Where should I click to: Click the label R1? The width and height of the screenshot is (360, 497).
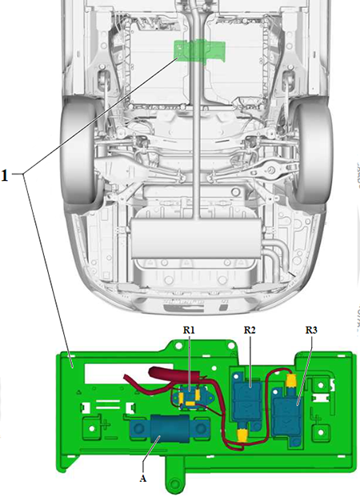[x=189, y=330]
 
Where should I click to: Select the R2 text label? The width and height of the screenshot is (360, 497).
[x=250, y=330]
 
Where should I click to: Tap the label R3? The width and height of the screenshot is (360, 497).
[x=311, y=330]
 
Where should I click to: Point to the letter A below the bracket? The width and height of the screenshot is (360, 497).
[x=143, y=479]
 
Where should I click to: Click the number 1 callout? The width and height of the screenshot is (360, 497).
[x=5, y=175]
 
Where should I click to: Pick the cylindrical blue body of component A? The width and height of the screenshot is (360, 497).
[x=170, y=428]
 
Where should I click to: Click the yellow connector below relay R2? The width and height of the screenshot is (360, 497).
[x=242, y=435]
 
